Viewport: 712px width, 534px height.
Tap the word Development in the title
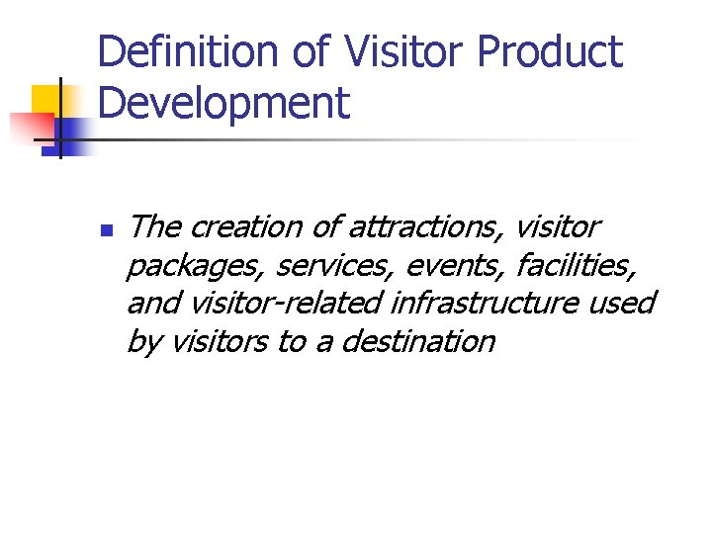point(224,103)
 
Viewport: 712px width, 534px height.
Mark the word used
point(621,303)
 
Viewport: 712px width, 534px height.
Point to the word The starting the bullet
point(153,227)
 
